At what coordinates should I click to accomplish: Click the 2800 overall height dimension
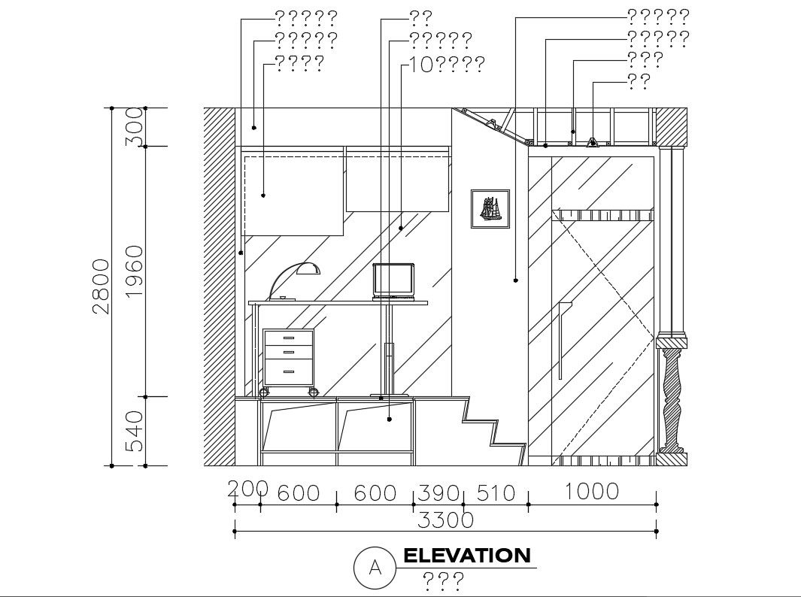click(x=102, y=286)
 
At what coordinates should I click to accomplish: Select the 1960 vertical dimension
click(x=135, y=271)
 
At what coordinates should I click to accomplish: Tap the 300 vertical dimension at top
click(x=135, y=127)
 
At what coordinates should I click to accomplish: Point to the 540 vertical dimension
click(x=135, y=431)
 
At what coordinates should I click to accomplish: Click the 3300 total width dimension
click(x=445, y=520)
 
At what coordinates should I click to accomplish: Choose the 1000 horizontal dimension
click(x=592, y=492)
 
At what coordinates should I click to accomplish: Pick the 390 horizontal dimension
click(x=438, y=493)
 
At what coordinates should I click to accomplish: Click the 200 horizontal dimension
click(x=247, y=489)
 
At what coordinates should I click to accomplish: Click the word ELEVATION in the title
click(x=467, y=556)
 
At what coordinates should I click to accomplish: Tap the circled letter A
click(x=375, y=568)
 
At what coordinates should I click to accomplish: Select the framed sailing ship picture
click(x=490, y=209)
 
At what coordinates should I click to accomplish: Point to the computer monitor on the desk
click(x=394, y=280)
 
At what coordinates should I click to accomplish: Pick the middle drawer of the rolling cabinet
click(x=289, y=352)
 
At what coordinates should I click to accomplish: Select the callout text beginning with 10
click(x=448, y=65)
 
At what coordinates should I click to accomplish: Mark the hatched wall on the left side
click(x=220, y=286)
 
